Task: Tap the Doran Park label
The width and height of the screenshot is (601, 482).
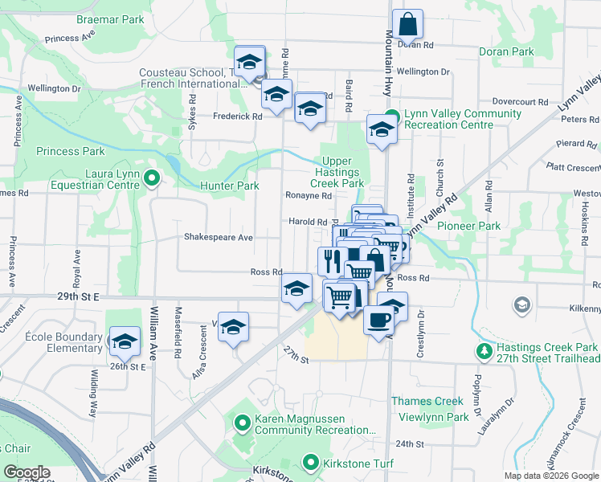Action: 506,52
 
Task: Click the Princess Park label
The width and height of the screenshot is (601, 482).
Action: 70,151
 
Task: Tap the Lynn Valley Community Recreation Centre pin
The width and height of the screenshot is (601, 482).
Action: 392,115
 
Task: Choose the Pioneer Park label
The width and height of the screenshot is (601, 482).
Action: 468,227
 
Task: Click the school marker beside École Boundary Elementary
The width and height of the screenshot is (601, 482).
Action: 125,341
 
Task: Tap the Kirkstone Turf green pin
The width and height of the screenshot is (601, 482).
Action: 311,462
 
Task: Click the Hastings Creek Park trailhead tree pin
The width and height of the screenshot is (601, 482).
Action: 484,351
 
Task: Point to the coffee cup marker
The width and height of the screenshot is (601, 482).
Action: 378,319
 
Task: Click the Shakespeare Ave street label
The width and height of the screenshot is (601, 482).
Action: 219,238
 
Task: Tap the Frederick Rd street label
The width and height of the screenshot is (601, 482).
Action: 237,116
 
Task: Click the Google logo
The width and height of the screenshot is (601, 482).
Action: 27,472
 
